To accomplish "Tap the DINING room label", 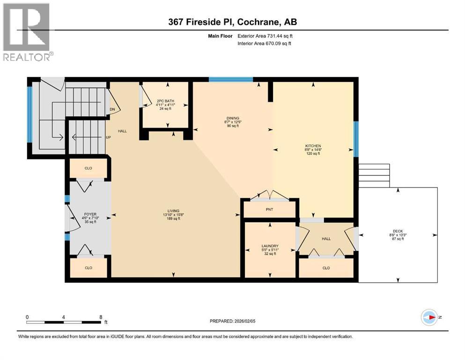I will (233, 118).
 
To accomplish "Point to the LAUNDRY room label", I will (270, 246).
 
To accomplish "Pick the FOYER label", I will (90, 214).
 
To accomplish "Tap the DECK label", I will (398, 231).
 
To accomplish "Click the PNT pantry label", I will (269, 209).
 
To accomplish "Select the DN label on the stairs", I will (112, 110).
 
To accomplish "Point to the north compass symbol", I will (429, 317).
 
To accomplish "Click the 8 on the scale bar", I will (101, 316).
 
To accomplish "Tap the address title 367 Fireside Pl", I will (232, 22).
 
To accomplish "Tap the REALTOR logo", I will (27, 32).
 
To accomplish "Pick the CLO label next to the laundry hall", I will (326, 268).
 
